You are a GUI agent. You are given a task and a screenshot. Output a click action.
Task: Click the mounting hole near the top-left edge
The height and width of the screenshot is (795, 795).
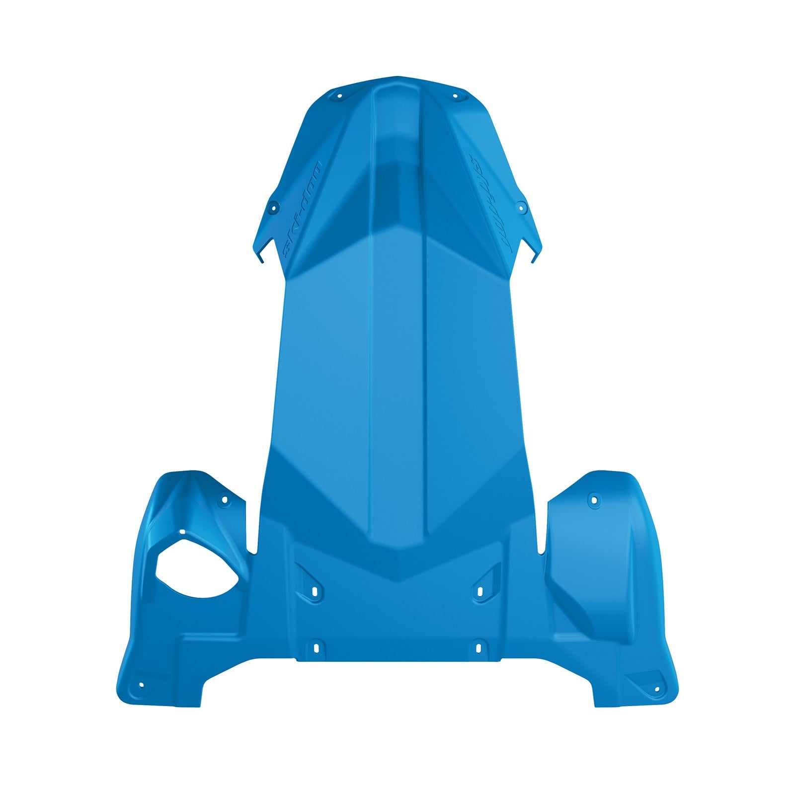point(340,96)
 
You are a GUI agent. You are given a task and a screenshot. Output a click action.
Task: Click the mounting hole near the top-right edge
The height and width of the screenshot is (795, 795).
point(454,96)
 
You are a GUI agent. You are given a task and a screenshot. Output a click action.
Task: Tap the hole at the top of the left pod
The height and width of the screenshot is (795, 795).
point(224,499)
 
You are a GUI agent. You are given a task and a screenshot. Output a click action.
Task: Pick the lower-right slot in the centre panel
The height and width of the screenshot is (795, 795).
point(478,647)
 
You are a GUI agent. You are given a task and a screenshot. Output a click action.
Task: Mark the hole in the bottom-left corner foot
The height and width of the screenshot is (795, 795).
point(141,685)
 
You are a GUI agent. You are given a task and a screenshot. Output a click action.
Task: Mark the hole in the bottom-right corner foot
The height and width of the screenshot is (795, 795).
point(657,689)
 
